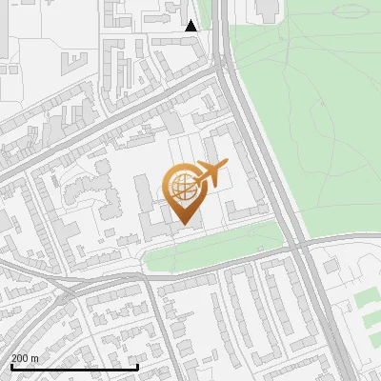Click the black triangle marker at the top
(191, 26)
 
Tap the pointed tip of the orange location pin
(185, 225)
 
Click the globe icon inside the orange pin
(181, 187)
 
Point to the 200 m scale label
(25, 357)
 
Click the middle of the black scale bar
(74, 367)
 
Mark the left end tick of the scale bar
(11, 366)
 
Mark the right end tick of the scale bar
(138, 366)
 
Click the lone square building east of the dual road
(331, 268)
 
